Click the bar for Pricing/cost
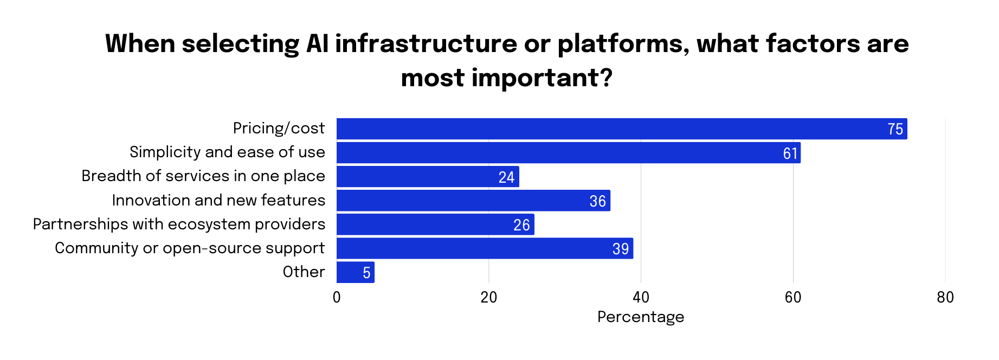click(x=621, y=129)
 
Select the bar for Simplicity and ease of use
click(x=568, y=153)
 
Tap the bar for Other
click(x=355, y=272)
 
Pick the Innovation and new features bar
click(x=473, y=201)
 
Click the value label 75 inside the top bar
click(x=895, y=130)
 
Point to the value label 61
click(x=790, y=153)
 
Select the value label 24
click(x=506, y=177)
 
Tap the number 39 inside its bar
click(x=620, y=249)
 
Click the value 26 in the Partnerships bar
click(x=521, y=225)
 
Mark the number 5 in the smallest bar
click(x=366, y=273)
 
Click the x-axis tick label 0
click(x=337, y=298)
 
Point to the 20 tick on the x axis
click(x=488, y=298)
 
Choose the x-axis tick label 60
click(x=792, y=298)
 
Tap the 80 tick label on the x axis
click(x=945, y=298)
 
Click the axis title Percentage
click(x=640, y=317)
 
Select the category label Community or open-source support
click(x=190, y=248)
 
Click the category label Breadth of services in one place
click(x=203, y=176)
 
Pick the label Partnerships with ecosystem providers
click(x=179, y=224)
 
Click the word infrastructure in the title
click(x=426, y=43)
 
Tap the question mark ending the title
click(x=606, y=78)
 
